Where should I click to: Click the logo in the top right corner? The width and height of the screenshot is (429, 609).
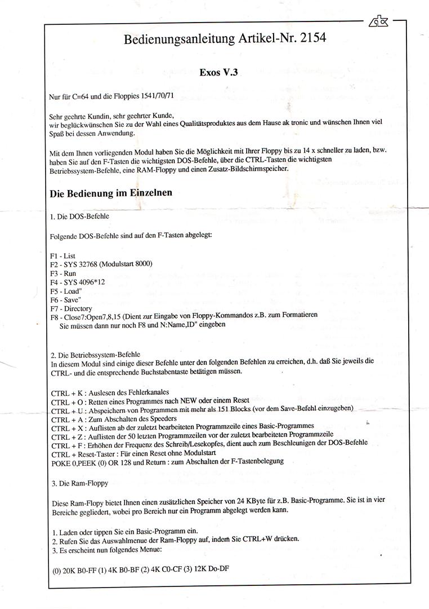[378, 23]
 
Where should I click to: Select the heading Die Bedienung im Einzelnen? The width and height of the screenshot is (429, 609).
[111, 192]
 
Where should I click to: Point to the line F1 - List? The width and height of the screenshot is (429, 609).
[62, 255]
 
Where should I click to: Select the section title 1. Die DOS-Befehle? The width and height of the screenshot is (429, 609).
[79, 217]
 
